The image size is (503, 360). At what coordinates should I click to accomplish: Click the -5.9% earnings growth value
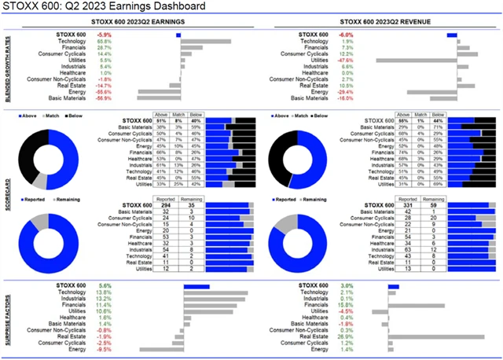[x=104, y=35]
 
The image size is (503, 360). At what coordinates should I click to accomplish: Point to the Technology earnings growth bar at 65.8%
[x=205, y=42]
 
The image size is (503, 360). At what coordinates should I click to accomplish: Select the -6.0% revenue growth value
[x=343, y=35]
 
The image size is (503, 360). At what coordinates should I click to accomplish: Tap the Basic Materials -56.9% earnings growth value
[x=103, y=98]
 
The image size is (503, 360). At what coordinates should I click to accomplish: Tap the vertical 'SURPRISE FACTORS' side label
[x=8, y=318]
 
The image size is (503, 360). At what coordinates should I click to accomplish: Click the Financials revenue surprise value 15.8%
[x=343, y=305]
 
